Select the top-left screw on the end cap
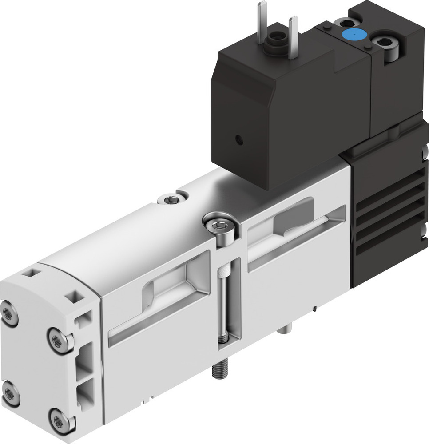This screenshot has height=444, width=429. (9, 313)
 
